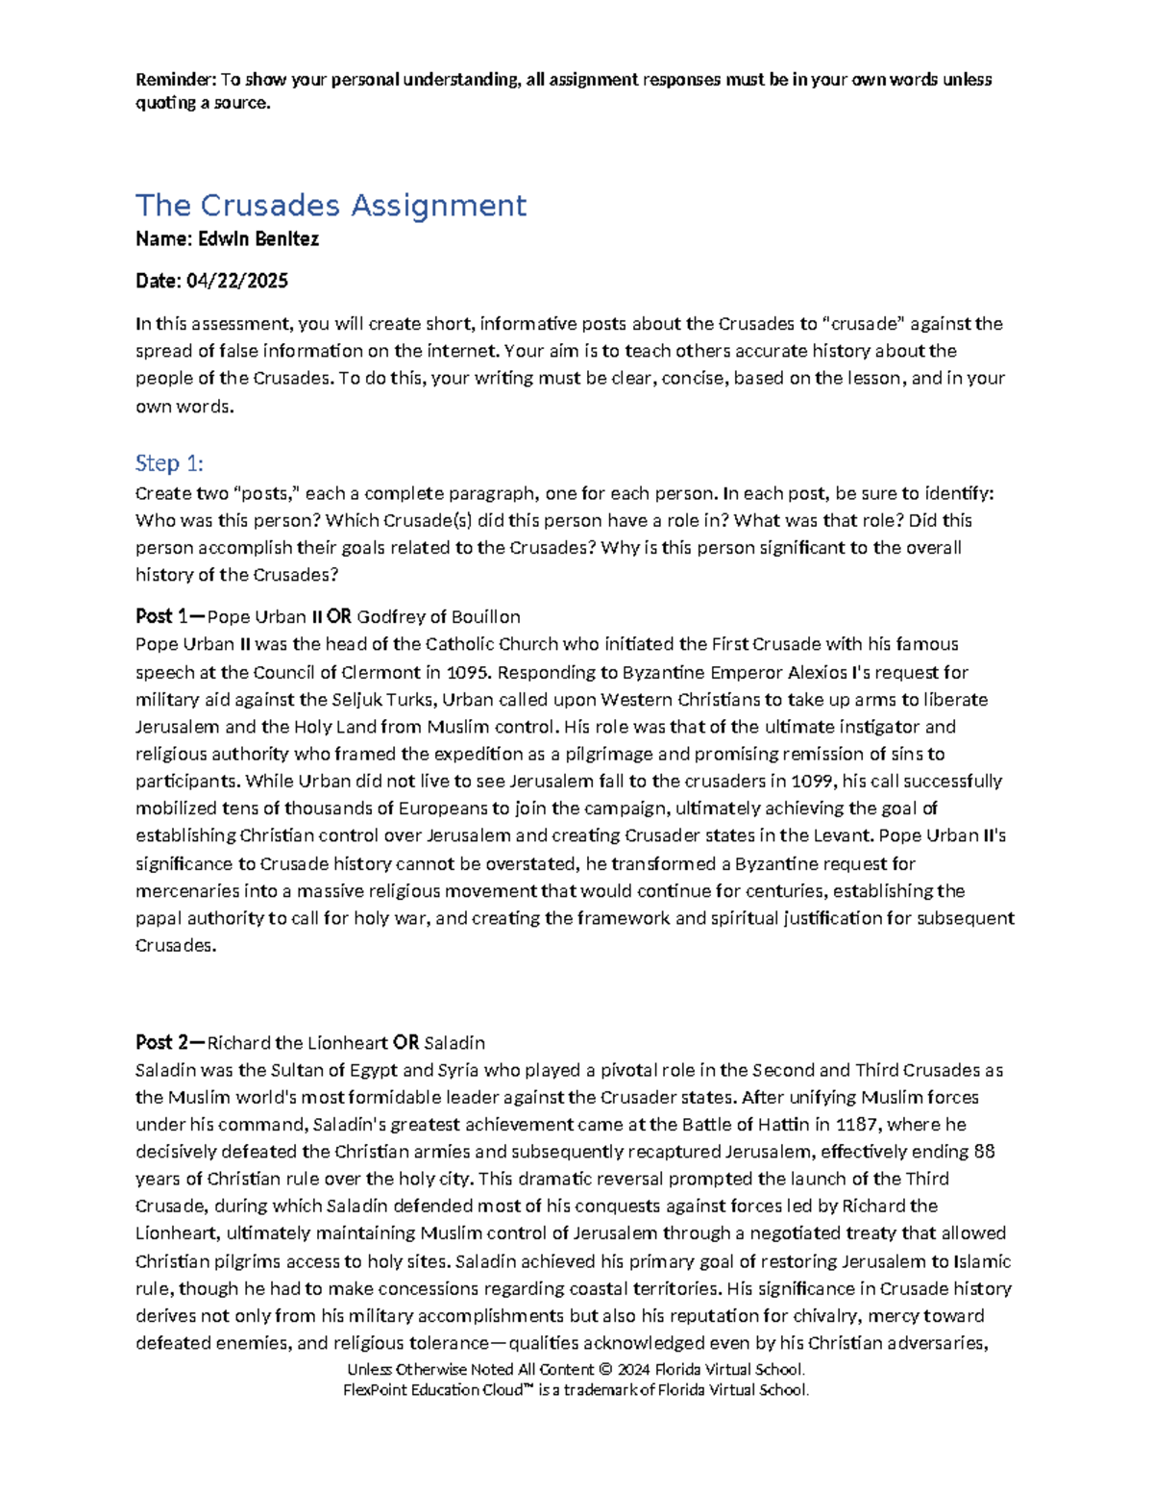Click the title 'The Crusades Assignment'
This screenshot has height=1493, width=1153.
(331, 206)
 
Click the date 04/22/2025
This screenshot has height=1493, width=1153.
(237, 281)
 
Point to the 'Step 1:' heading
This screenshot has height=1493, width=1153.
(169, 463)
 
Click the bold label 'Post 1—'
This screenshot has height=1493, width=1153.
(170, 616)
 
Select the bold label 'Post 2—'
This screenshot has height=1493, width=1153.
(170, 1042)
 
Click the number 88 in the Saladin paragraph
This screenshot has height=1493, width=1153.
(984, 1152)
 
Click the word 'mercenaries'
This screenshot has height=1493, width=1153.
(187, 891)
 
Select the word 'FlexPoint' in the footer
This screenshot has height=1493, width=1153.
(378, 1390)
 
